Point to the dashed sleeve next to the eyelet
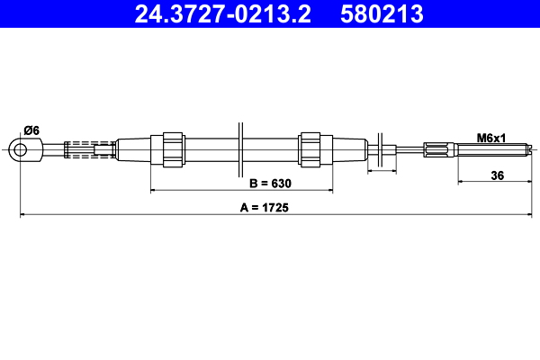click(x=90, y=148)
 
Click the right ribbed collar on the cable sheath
click(x=310, y=148)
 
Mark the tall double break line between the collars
click(x=241, y=148)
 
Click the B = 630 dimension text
click(x=271, y=183)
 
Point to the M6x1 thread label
click(x=491, y=138)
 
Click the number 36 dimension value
click(x=497, y=175)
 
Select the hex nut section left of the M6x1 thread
click(x=441, y=149)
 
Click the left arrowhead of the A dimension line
click(x=23, y=215)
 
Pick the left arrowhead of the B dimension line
click(x=154, y=191)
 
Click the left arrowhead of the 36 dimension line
click(x=462, y=181)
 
